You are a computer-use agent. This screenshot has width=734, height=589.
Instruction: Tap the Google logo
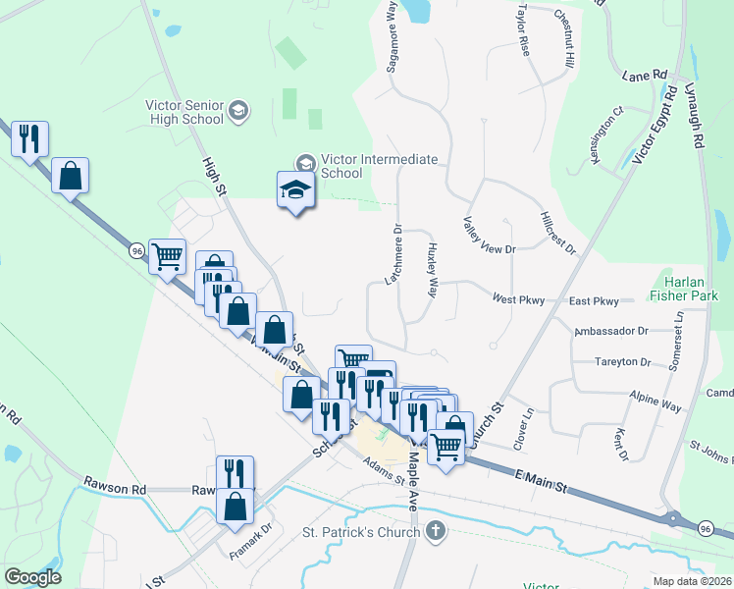pos(32,577)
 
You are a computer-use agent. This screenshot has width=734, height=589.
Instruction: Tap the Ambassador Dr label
pos(612,332)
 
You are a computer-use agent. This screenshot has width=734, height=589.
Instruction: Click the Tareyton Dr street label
pos(622,362)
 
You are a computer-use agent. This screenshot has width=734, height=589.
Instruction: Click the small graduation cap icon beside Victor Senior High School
pos(238,112)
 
